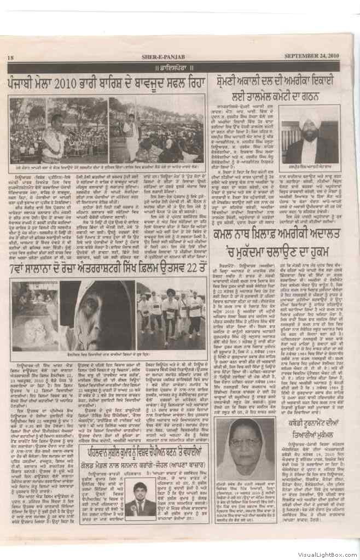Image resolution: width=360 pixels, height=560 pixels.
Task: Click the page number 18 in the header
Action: (x=11, y=57)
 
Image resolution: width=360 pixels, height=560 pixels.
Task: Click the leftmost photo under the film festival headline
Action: (x=34, y=316)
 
